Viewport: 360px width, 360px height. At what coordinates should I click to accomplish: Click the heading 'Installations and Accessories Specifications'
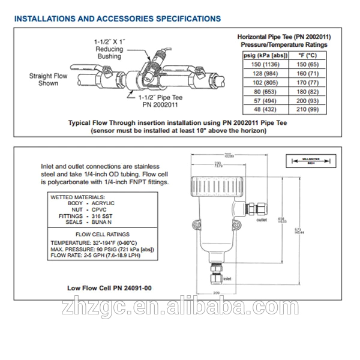118,19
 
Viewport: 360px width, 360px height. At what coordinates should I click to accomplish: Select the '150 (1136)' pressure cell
265,63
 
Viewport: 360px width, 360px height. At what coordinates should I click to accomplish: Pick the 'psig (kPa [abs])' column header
265,54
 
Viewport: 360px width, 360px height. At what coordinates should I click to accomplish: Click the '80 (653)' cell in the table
265,91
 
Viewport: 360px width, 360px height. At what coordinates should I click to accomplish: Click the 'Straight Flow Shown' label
49,80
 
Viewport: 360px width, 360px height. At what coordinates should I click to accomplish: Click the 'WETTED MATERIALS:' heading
78,197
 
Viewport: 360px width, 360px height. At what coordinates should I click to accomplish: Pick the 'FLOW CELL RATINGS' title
101,234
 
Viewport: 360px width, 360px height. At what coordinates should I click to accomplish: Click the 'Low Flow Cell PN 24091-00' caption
109,288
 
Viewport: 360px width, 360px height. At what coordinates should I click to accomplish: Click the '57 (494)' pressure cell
265,100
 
